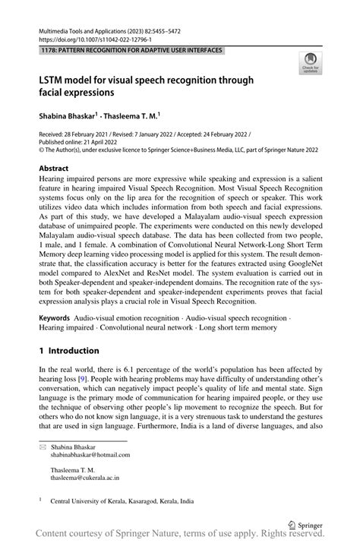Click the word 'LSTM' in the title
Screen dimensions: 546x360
pyautogui.click(x=53, y=80)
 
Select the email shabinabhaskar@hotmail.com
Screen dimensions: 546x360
pyautogui.click(x=90, y=456)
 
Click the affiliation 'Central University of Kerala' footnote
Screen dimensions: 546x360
pyautogui.click(x=122, y=501)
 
